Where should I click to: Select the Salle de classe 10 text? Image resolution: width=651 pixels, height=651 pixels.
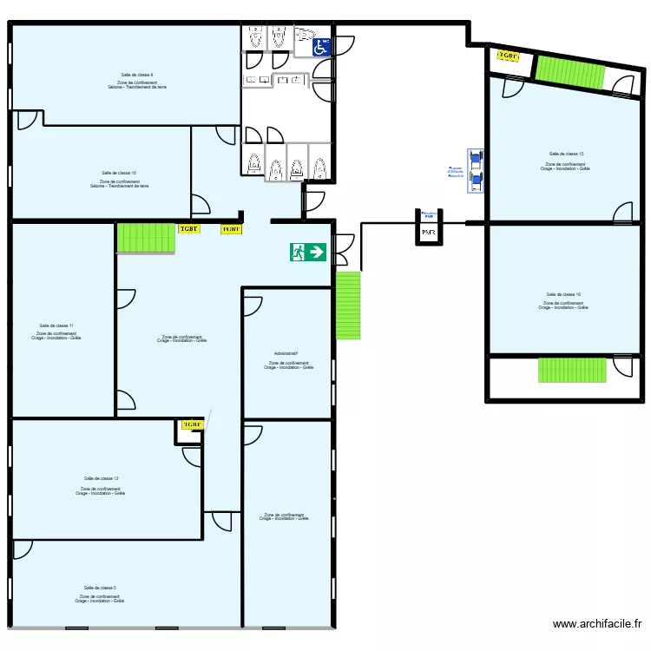click(119, 173)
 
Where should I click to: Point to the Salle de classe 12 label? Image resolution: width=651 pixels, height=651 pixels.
click(102, 478)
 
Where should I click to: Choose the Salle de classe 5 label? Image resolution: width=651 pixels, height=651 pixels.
click(100, 588)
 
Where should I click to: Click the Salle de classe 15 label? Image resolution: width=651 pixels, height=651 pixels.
click(564, 154)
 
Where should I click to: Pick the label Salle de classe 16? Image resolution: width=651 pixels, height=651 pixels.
click(563, 294)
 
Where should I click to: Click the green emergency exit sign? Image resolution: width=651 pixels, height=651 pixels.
click(308, 253)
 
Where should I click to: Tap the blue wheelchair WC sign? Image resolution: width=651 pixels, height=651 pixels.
click(321, 47)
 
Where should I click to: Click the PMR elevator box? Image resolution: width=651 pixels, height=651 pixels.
click(429, 232)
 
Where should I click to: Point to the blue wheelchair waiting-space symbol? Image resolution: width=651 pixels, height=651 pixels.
click(475, 170)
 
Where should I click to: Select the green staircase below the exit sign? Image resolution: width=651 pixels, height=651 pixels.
click(348, 306)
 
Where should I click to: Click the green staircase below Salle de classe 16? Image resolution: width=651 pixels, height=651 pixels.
click(572, 370)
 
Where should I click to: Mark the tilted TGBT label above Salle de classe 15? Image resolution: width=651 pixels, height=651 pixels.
click(508, 56)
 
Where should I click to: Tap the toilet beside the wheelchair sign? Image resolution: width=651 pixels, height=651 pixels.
click(304, 36)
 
